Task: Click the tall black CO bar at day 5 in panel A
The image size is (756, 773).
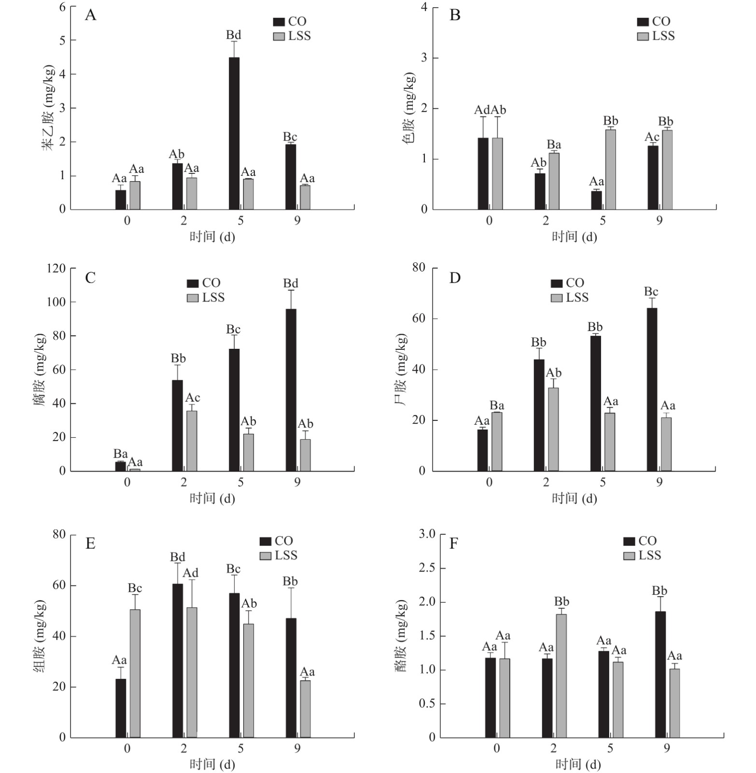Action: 234,133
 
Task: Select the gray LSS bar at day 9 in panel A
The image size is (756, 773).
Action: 305,197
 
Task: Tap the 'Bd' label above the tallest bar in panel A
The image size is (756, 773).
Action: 234,35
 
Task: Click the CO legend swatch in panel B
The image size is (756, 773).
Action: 643,22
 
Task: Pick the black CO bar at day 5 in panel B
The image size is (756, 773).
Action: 597,200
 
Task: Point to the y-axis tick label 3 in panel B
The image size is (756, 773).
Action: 424,58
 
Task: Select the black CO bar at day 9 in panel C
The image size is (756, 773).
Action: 291,390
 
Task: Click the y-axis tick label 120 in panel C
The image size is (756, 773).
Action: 56,269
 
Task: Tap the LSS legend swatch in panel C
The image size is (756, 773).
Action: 193,298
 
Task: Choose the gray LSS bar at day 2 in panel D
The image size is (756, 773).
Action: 553,429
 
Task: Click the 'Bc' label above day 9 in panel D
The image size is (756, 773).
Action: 651,292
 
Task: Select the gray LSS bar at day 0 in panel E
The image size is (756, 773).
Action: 135,673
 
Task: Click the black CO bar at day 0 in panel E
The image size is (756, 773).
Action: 121,708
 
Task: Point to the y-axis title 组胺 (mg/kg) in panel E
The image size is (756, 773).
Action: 40,636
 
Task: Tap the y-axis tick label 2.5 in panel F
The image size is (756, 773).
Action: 427,568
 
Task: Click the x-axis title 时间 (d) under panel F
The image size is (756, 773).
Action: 578,764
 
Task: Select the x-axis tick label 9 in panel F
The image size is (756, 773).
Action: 667,748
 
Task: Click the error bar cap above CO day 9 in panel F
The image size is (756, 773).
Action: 660,597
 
